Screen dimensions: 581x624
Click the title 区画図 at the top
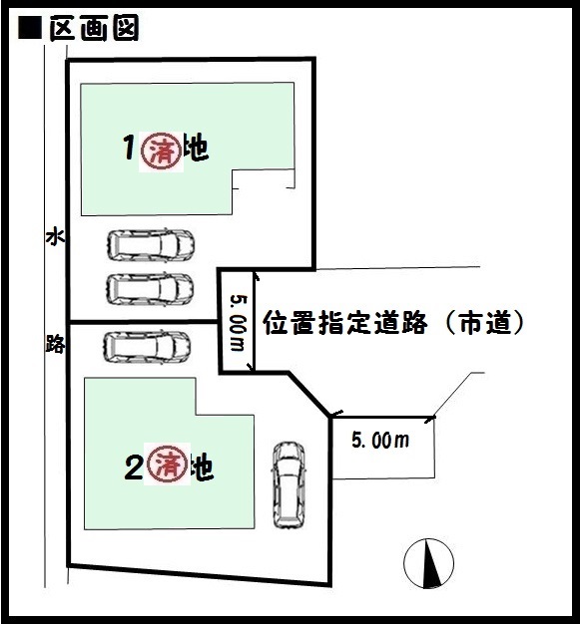click(x=94, y=28)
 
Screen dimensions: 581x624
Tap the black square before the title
click(x=30, y=29)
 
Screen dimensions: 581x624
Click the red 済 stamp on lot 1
click(x=162, y=151)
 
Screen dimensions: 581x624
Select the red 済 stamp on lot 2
click(x=168, y=465)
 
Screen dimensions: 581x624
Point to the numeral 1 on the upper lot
click(x=129, y=148)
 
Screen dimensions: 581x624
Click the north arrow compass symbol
click(x=429, y=563)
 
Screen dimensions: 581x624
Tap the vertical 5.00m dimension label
click(x=239, y=323)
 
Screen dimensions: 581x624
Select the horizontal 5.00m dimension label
click(x=380, y=441)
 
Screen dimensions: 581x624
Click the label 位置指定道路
click(x=345, y=322)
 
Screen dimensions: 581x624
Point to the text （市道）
click(x=484, y=322)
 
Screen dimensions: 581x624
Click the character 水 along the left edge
click(x=55, y=237)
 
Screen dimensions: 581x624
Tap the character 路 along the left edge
click(x=55, y=344)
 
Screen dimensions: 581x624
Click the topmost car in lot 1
click(x=151, y=245)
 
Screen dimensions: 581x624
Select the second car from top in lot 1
click(x=150, y=289)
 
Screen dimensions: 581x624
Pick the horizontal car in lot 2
click(x=147, y=347)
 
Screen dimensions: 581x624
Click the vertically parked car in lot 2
click(x=289, y=485)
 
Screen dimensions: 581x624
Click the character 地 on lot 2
click(x=202, y=467)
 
